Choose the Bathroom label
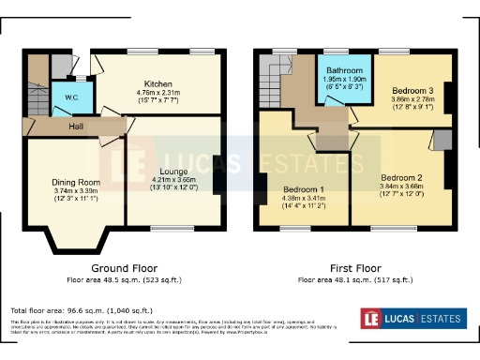[342, 71]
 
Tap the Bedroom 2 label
[401, 176]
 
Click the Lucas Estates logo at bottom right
[414, 320]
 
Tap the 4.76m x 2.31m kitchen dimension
[158, 93]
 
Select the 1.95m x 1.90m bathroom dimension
[342, 80]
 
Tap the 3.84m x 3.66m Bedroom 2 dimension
[401, 186]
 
